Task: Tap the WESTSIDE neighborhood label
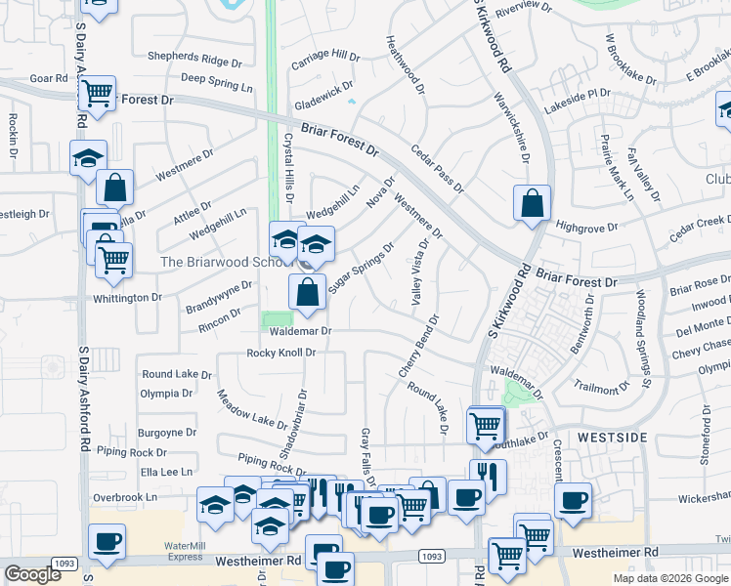[x=610, y=439]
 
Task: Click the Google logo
[x=32, y=574]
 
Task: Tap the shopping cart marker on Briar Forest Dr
[x=97, y=94]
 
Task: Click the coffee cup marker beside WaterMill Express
[x=107, y=541]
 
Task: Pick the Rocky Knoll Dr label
[x=281, y=353]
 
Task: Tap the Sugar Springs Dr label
[x=361, y=267]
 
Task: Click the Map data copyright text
[x=669, y=577]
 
